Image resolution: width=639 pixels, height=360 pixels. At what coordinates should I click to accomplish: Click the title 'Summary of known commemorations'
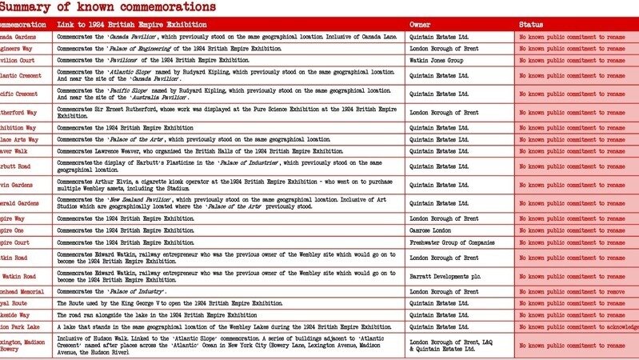[x=107, y=7]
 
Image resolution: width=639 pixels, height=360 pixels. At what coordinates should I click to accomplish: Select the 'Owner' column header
[x=420, y=25]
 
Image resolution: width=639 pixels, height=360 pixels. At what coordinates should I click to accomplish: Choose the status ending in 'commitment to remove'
[x=572, y=292]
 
